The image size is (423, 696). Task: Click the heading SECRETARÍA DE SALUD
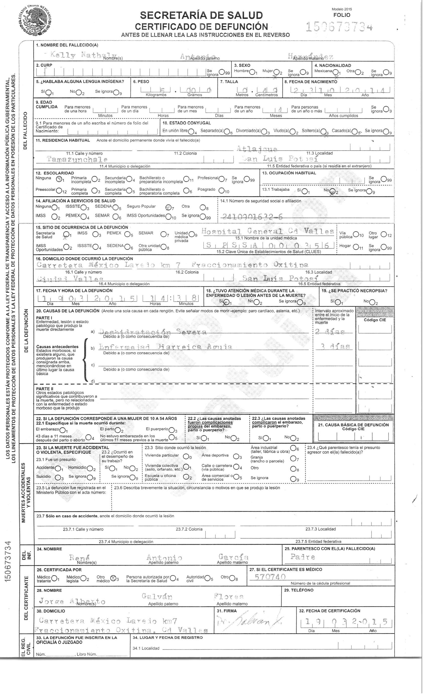coord(201,15)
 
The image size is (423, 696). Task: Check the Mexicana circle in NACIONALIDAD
coord(336,72)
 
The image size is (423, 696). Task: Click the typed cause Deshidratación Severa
coord(153,332)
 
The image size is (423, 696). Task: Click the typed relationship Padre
coord(303,557)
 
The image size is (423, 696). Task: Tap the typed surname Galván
coord(156,596)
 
